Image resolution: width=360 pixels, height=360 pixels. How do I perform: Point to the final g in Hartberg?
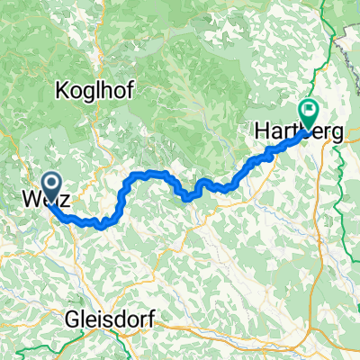(x=337, y=133)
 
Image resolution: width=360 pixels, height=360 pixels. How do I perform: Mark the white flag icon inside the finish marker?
(x=311, y=112)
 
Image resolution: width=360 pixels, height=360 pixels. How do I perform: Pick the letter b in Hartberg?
(x=307, y=131)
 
